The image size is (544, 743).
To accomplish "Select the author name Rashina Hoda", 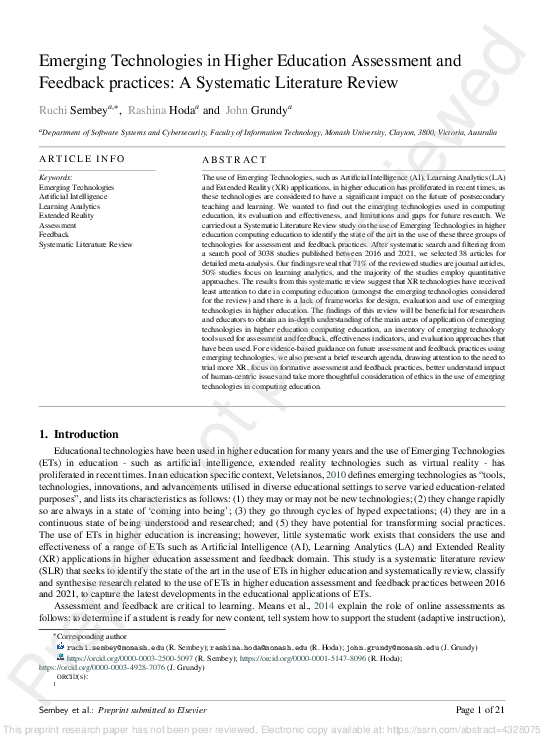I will tap(161, 110).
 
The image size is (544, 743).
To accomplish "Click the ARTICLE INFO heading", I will tap(82, 159).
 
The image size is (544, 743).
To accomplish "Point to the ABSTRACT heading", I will tap(233, 159).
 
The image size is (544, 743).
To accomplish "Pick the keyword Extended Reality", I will tap(67, 215).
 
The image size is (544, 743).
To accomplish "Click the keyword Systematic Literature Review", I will tap(85, 243).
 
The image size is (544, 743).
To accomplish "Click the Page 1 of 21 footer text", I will tap(481, 709).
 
